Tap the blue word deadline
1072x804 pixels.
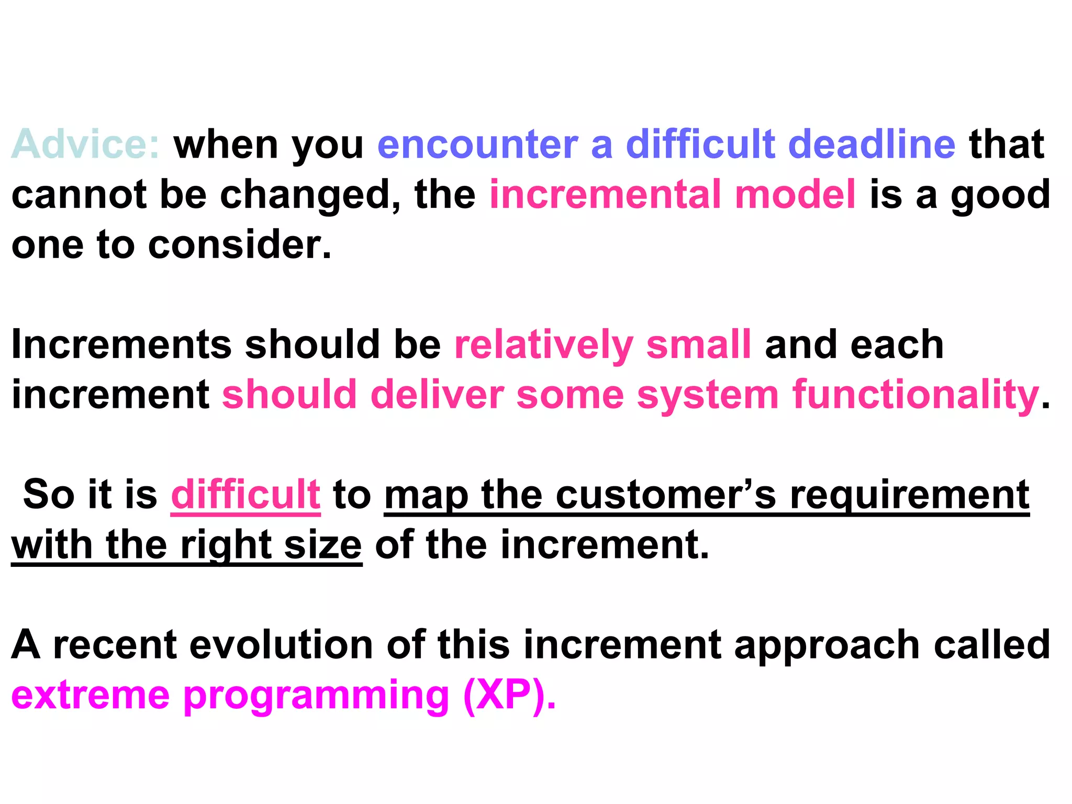(x=872, y=144)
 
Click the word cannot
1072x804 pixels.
(x=79, y=195)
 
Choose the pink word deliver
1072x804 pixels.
(x=437, y=395)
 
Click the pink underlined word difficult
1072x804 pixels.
(x=245, y=494)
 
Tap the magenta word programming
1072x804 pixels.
(x=317, y=696)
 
